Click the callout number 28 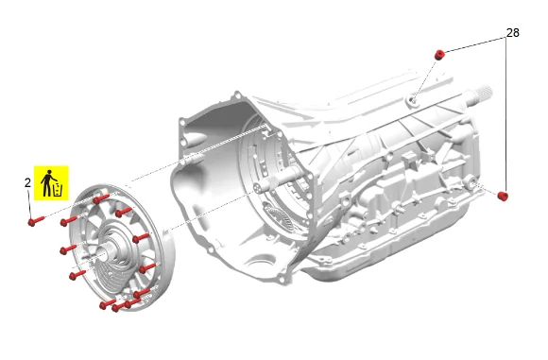coord(513,33)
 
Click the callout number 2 coord(27,182)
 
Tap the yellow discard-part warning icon coord(51,183)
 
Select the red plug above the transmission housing coord(439,55)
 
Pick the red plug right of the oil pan coord(503,197)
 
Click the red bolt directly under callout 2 coord(36,221)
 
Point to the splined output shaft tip coord(484,93)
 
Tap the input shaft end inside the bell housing coord(259,187)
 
